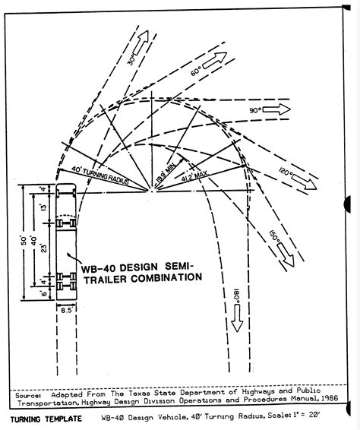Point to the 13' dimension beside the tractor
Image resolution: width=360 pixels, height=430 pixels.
43,205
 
